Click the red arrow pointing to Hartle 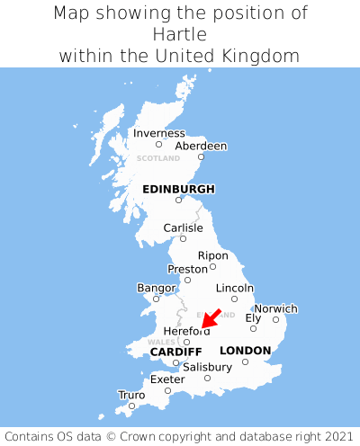click(211, 318)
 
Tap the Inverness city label click(158, 133)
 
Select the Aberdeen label click(201, 146)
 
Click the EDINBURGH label click(178, 189)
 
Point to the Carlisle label click(183, 227)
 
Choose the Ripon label click(212, 255)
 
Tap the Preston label click(187, 269)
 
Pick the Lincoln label click(235, 288)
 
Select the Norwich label click(275, 308)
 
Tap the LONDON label click(245, 350)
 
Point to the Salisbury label click(207, 367)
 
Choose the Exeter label click(167, 379)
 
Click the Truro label click(131, 395)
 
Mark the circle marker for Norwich click(275, 319)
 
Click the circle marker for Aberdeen click(201, 157)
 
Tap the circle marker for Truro click(131, 406)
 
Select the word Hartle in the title click(180, 34)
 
